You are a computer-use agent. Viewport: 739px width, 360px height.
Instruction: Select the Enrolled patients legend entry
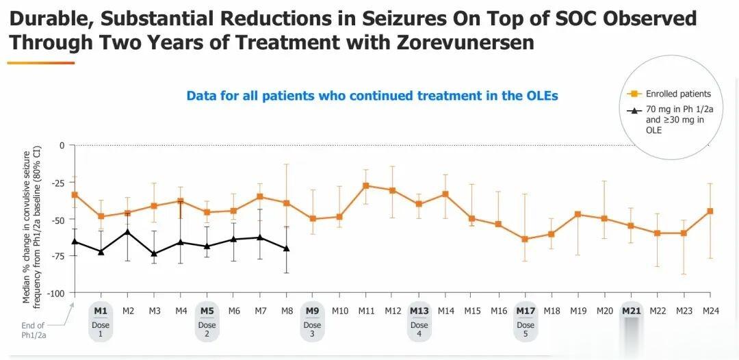[x=678, y=94]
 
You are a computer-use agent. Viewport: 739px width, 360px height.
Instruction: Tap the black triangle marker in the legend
[x=634, y=110]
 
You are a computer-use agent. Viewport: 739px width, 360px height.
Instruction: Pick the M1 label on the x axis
[x=101, y=310]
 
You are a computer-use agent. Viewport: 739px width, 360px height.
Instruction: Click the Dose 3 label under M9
[x=312, y=329]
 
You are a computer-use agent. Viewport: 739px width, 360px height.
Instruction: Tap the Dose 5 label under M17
[x=526, y=329]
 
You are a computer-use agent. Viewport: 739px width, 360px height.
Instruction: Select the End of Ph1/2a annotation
[x=33, y=330]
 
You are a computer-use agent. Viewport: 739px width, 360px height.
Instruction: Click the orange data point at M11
[x=366, y=185]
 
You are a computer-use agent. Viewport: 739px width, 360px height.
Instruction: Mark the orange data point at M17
[x=525, y=239]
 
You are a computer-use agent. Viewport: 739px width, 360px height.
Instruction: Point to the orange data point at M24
[x=710, y=211]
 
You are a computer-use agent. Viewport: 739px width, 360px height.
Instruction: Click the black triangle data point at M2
[x=127, y=232]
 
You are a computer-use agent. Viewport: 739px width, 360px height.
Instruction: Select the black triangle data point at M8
[x=286, y=248]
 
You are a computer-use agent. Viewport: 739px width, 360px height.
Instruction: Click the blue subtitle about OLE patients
[x=372, y=96]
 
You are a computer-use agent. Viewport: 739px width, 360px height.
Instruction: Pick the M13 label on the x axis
[x=419, y=310]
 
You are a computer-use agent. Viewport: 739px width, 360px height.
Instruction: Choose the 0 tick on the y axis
[x=62, y=145]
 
